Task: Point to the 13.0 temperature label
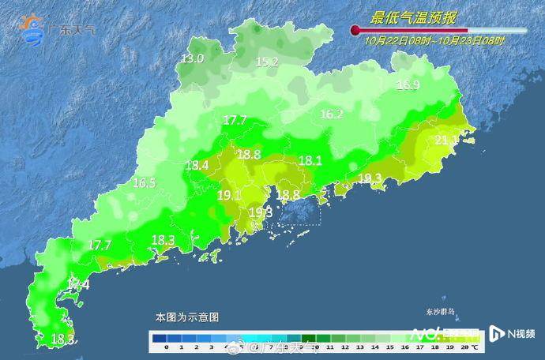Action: [192, 58]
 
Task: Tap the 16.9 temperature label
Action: [408, 85]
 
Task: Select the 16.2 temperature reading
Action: [331, 114]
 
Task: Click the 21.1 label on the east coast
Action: [446, 141]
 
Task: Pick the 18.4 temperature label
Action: [197, 166]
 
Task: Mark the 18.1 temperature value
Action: [310, 160]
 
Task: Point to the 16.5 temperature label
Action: [144, 183]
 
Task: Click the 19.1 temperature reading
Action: [229, 195]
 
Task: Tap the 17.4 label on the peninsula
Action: [79, 283]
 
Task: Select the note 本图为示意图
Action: [187, 317]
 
